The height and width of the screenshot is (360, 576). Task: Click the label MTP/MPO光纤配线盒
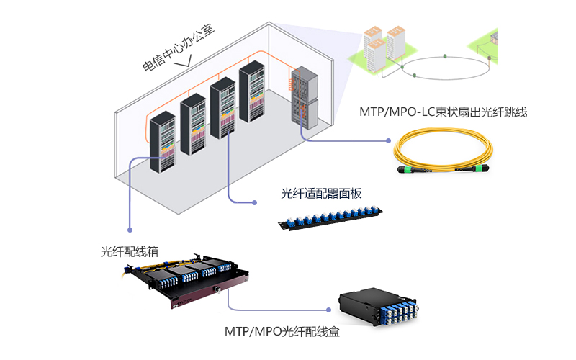(x=282, y=332)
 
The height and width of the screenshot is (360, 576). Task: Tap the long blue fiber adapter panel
(x=330, y=216)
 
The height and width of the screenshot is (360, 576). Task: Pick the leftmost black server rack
(x=163, y=140)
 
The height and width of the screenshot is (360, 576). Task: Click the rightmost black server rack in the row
(x=253, y=94)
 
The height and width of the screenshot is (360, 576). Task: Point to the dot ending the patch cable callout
(x=387, y=141)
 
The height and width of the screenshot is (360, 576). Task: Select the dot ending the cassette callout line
(x=328, y=310)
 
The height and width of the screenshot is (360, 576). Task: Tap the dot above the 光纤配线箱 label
(x=130, y=230)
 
